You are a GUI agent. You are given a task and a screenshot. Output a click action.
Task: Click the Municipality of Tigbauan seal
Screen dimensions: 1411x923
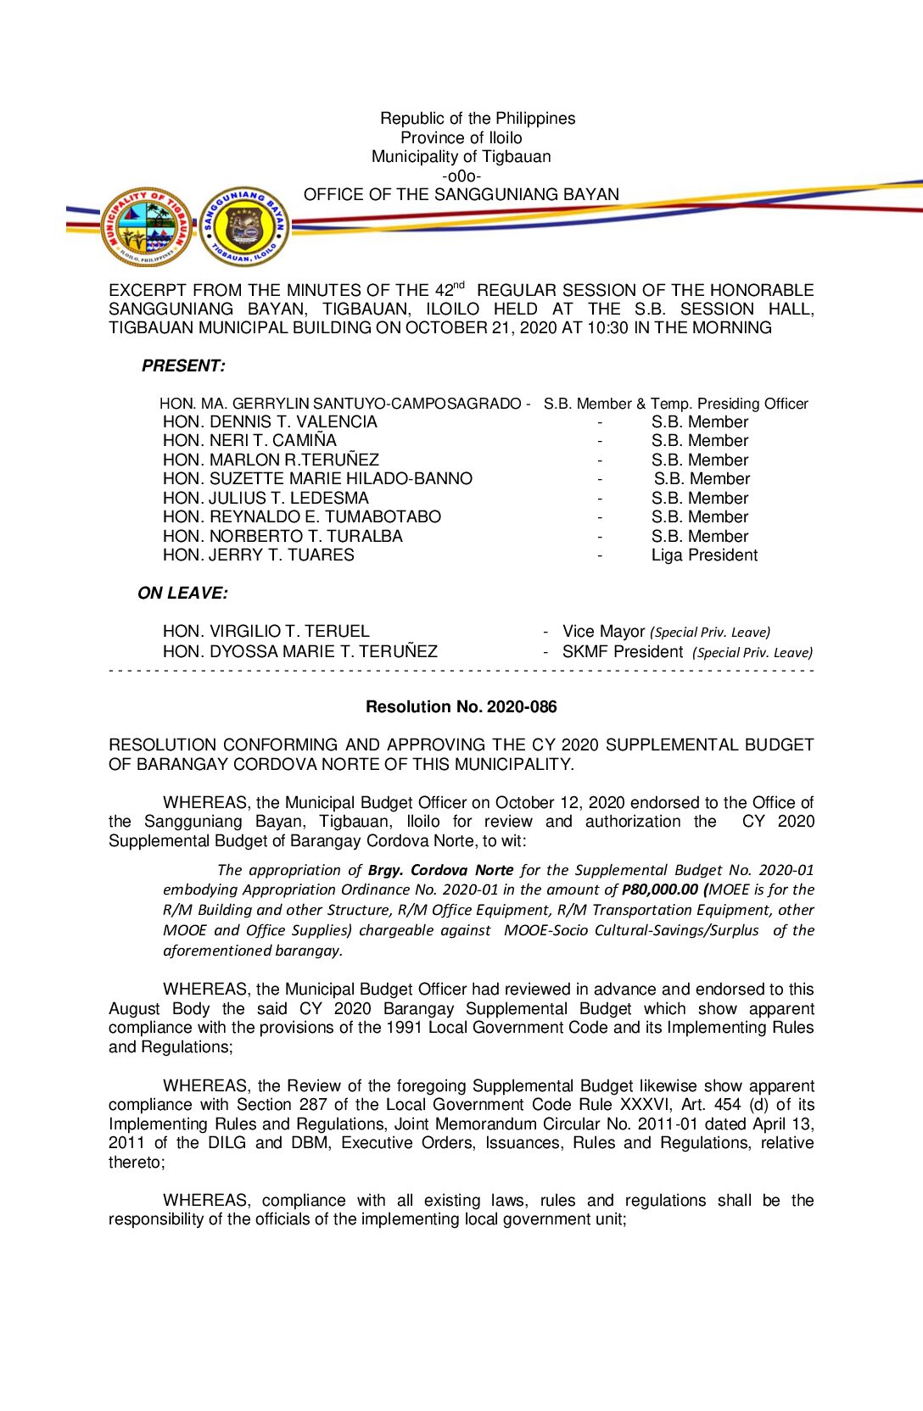[x=147, y=227]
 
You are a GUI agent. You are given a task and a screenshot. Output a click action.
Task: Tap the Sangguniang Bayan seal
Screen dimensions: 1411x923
[x=245, y=227]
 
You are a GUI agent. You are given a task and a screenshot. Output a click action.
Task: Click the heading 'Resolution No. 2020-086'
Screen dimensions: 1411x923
[x=461, y=706]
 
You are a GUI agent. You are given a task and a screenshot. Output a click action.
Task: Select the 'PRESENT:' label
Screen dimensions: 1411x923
[x=183, y=366]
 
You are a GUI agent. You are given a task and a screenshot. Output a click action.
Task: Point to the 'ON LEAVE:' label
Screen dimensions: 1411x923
[x=182, y=594]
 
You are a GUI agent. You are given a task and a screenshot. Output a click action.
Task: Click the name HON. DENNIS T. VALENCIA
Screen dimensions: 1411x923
[x=270, y=422]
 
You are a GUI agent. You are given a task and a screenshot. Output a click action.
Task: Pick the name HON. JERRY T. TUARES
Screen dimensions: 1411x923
[x=258, y=555]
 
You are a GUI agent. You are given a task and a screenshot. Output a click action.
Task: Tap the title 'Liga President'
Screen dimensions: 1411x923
[x=704, y=555]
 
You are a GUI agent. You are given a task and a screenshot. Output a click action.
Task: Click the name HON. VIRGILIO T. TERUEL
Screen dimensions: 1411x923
[x=266, y=632]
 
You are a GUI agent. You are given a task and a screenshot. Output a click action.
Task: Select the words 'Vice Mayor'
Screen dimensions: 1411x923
[x=603, y=632]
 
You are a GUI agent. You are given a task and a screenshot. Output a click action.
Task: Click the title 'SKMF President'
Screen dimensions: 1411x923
[x=622, y=652]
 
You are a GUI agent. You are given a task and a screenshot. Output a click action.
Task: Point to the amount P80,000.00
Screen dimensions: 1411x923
[x=660, y=890]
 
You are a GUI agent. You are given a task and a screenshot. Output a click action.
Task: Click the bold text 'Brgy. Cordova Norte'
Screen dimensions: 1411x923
[x=440, y=870]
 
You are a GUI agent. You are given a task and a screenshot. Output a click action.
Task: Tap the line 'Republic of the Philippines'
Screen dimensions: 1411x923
[x=478, y=119]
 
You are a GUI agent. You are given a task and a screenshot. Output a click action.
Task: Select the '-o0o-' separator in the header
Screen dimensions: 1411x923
[x=461, y=176]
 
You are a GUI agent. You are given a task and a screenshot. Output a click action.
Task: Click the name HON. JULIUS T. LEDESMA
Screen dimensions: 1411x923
[x=266, y=499]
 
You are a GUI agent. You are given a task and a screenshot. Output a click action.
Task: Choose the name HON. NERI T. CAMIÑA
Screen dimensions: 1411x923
[x=249, y=441]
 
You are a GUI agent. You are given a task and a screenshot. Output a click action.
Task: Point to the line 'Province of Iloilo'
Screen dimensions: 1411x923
[x=461, y=138]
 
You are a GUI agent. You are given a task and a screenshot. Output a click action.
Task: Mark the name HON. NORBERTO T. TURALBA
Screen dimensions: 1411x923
[x=282, y=537]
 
